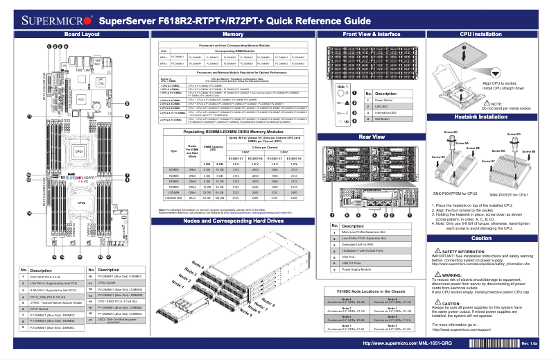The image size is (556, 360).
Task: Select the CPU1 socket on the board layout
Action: tap(80, 151)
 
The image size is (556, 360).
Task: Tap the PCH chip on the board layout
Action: tap(81, 100)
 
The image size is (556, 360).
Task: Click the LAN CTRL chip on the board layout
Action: tap(101, 82)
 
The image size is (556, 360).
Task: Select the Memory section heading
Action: tap(232, 33)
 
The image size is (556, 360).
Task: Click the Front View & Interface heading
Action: tap(372, 33)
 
